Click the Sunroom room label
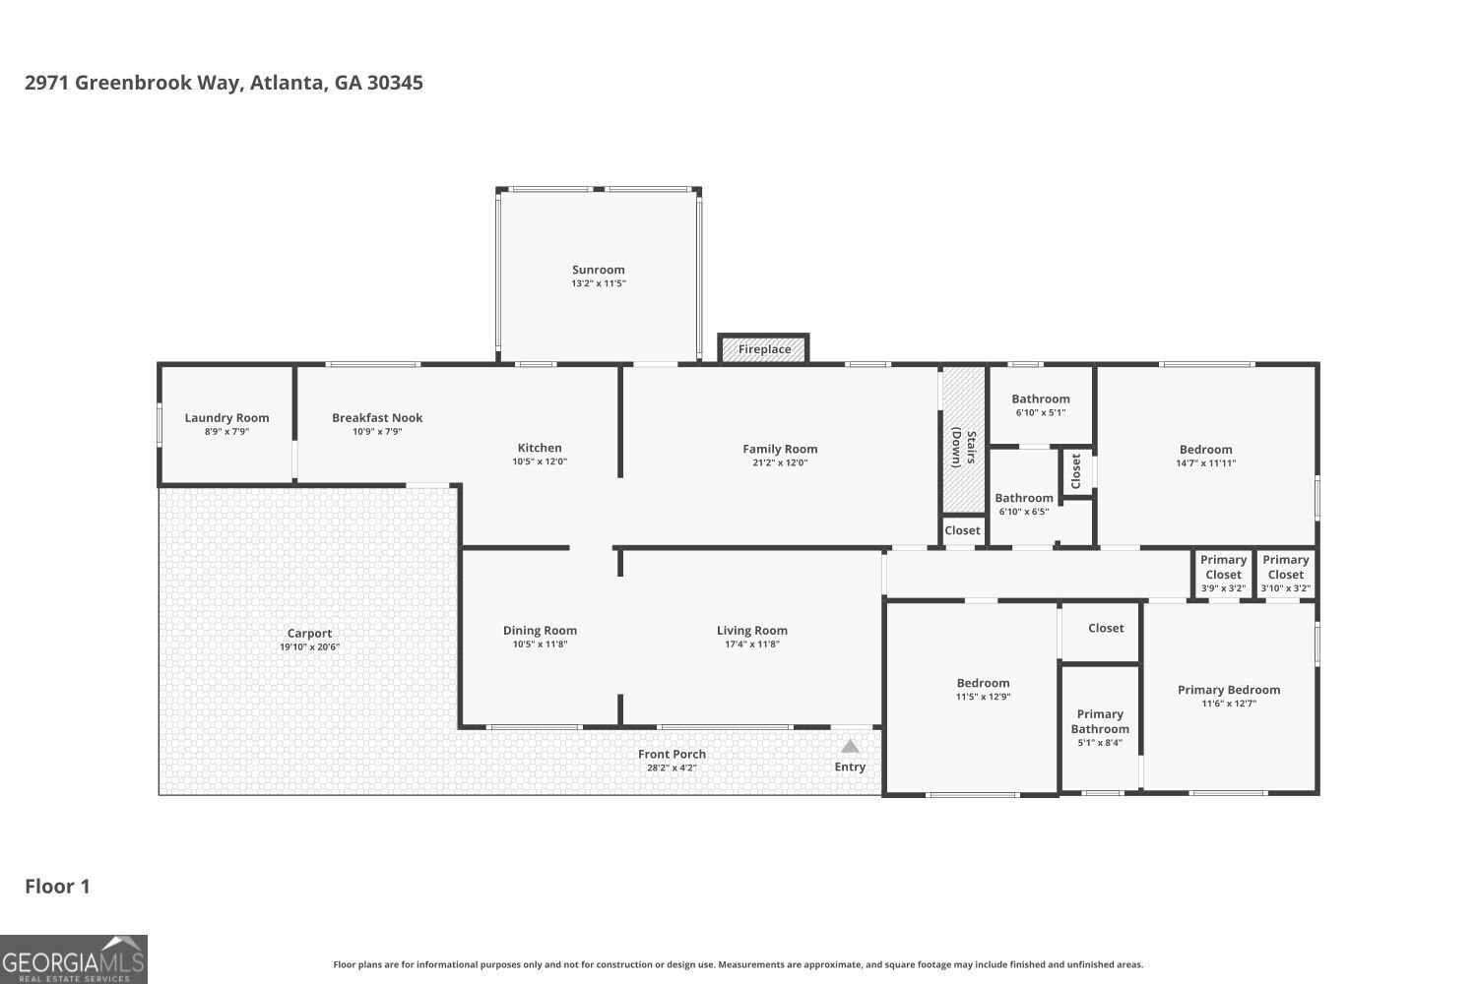pyautogui.click(x=598, y=270)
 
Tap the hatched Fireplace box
pyautogui.click(x=764, y=349)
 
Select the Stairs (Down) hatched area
pyautogui.click(x=963, y=439)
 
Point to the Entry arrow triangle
pyautogui.click(x=850, y=747)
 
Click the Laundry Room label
pyautogui.click(x=226, y=418)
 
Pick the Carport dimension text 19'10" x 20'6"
pyautogui.click(x=309, y=647)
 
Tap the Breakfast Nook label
pyautogui.click(x=377, y=418)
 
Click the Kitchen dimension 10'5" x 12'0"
pyautogui.click(x=540, y=461)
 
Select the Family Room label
pyautogui.click(x=780, y=449)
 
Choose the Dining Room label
pyautogui.click(x=540, y=631)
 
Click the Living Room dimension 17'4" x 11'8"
pyautogui.click(x=751, y=645)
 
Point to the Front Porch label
pyautogui.click(x=672, y=754)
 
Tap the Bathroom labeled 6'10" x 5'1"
pyautogui.click(x=1040, y=400)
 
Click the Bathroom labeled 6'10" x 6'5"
pyautogui.click(x=1024, y=499)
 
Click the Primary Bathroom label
pyautogui.click(x=1100, y=722)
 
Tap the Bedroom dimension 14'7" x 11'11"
pyautogui.click(x=1205, y=463)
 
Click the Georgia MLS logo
pyautogui.click(x=74, y=959)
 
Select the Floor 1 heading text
pyautogui.click(x=57, y=887)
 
